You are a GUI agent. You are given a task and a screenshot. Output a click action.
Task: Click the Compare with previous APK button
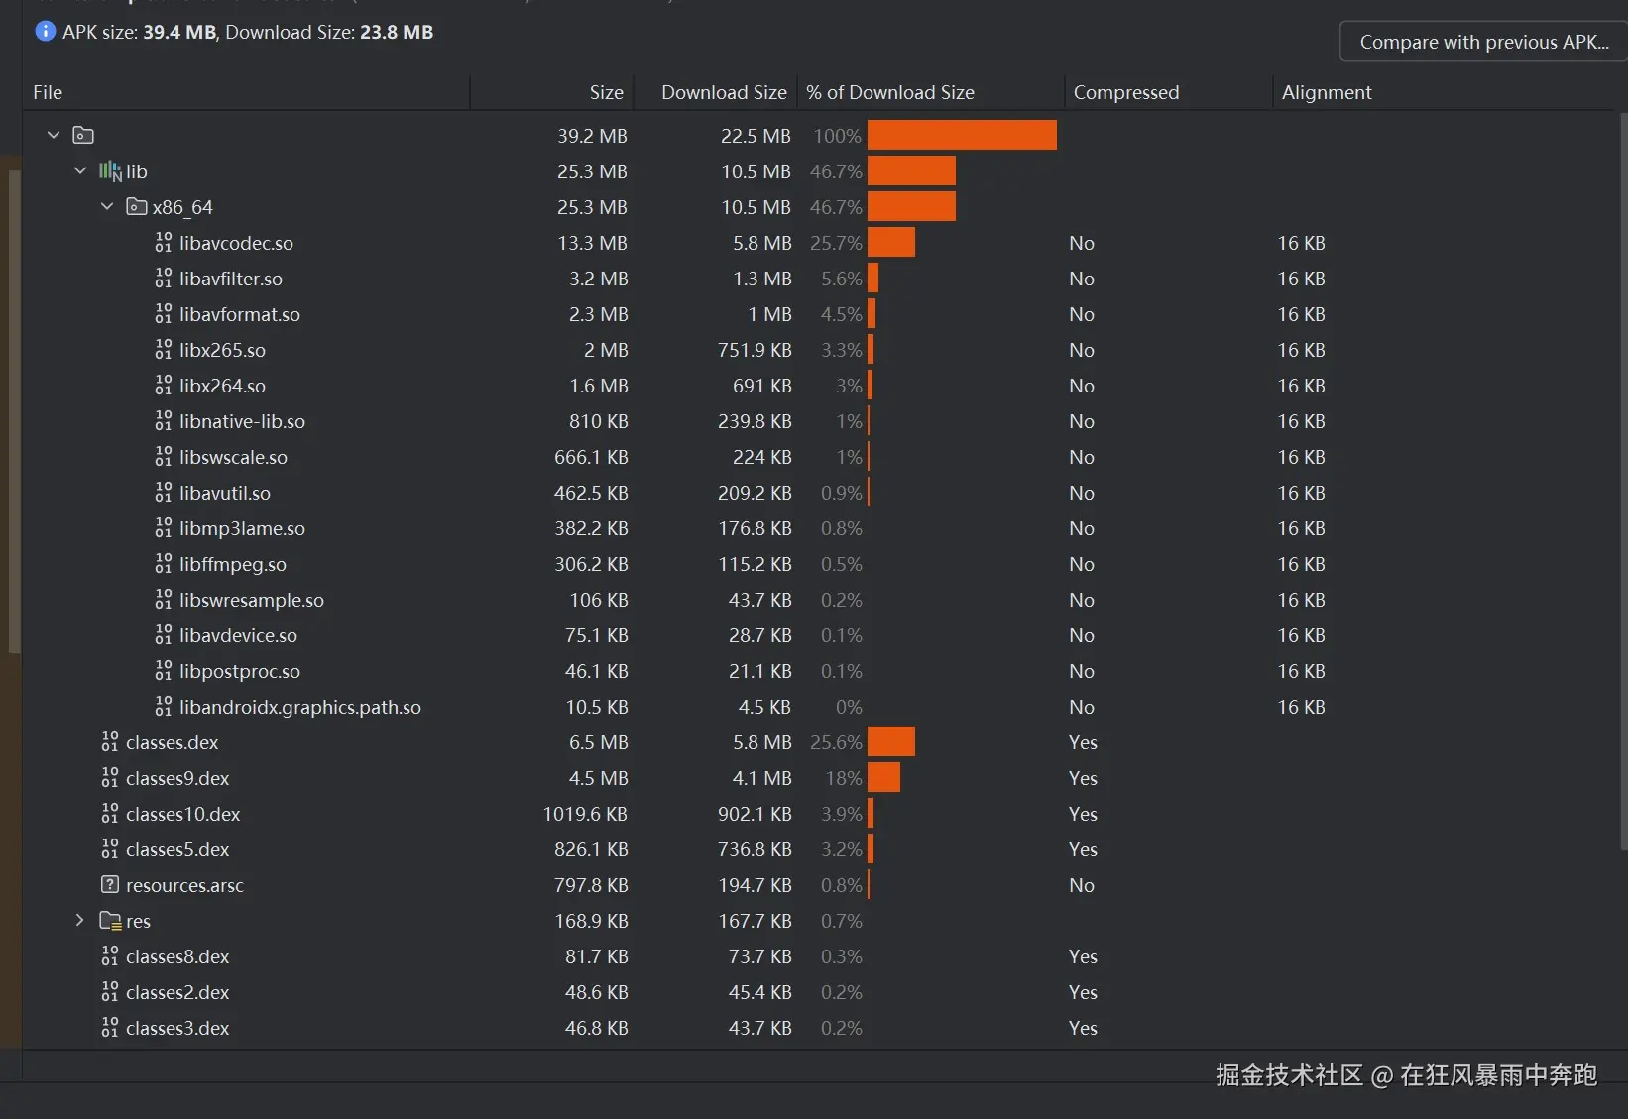coord(1483,42)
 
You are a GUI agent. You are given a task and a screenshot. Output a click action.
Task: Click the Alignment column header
coord(1327,92)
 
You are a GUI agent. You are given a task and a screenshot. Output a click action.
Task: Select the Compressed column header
coord(1126,92)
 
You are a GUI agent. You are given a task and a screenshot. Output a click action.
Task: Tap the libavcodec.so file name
coord(236,243)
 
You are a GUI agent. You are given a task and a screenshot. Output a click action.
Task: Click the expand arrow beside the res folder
coord(80,921)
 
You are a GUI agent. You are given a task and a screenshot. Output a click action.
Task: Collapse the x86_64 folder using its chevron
coord(107,207)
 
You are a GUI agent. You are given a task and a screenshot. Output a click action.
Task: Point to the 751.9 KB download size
coord(755,350)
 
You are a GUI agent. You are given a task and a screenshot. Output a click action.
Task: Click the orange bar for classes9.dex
coord(883,778)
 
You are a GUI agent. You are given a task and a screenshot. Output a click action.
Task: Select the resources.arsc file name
coord(184,885)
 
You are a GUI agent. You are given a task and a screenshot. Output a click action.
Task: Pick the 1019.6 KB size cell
coord(585,814)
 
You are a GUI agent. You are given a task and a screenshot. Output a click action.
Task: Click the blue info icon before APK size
coord(46,32)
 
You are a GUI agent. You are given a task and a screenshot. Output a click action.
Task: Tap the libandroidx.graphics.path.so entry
coord(299,707)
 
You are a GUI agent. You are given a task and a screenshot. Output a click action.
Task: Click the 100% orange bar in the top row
coord(962,136)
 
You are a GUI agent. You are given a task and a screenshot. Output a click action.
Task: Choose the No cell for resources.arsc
coord(1082,885)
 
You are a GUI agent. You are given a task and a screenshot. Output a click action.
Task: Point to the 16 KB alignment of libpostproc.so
coord(1301,671)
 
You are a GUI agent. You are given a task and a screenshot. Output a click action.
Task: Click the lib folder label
coord(137,171)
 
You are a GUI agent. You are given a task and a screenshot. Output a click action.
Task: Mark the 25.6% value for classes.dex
coord(836,742)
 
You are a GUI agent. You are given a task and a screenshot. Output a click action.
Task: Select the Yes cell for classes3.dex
coord(1083,1028)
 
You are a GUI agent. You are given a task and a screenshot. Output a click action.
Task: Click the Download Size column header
coord(724,92)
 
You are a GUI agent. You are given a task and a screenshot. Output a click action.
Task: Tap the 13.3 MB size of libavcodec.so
coord(592,243)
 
